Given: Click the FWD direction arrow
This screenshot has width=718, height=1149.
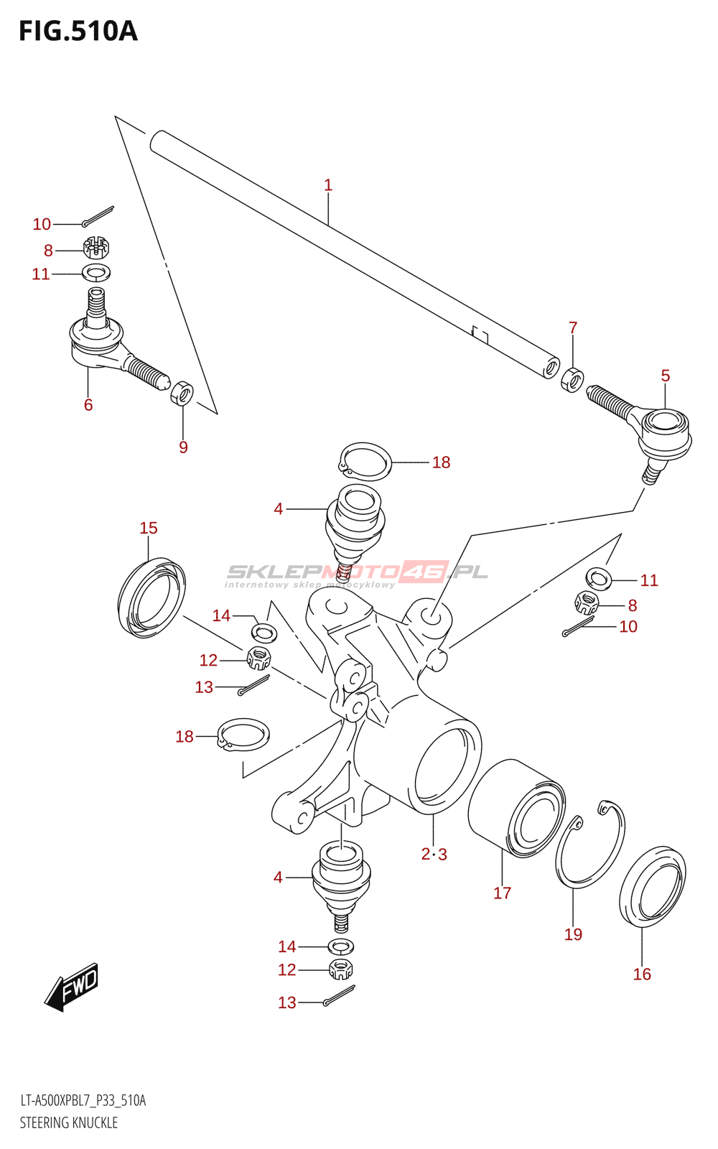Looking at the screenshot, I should (72, 987).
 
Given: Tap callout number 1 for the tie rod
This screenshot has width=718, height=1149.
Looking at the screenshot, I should (328, 185).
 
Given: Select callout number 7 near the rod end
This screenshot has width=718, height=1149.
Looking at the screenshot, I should (573, 328).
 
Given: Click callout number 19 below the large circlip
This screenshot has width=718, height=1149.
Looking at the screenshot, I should (573, 934).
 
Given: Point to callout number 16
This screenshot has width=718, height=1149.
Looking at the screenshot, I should (642, 974).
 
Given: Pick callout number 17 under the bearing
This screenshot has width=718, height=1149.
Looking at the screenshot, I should (502, 893).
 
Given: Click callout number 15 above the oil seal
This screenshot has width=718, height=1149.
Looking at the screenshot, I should (149, 528).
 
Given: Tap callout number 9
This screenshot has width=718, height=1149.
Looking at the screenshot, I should (183, 447).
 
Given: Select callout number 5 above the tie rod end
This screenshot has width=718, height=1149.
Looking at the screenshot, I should (666, 376).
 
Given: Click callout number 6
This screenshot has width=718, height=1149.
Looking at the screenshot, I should (88, 405).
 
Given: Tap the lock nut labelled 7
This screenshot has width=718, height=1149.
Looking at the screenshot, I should (572, 378).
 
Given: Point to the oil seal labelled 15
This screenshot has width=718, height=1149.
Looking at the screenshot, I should (151, 598).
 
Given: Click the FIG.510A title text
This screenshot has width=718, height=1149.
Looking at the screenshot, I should (78, 31).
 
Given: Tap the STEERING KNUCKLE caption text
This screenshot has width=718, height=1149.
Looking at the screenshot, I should (69, 1122).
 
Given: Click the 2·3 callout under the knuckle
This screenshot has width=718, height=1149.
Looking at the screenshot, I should (434, 854).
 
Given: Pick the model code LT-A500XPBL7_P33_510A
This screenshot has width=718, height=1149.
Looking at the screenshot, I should (83, 1101).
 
